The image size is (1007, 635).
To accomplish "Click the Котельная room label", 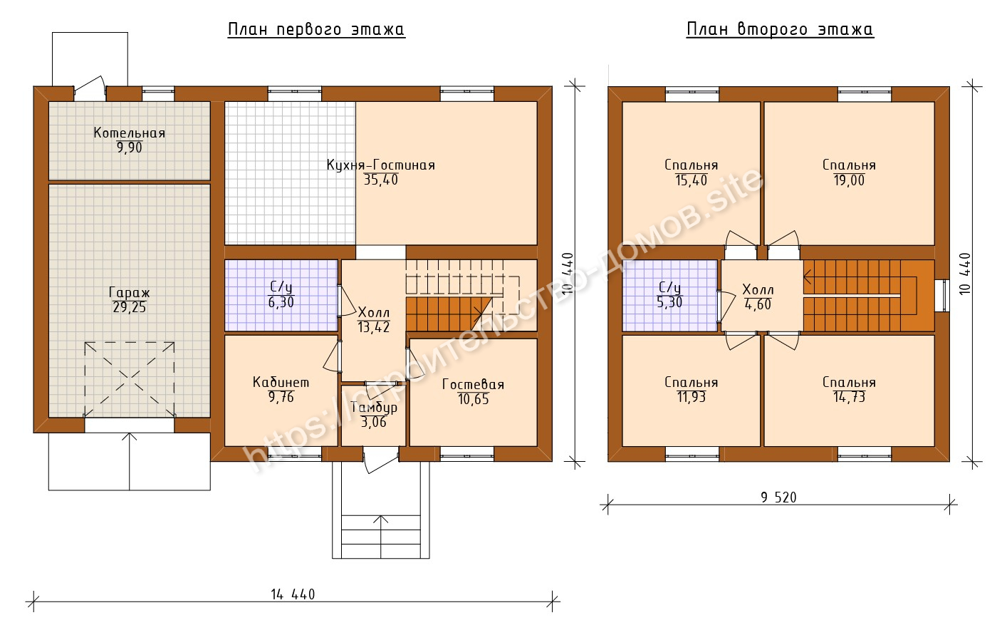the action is tap(130, 133).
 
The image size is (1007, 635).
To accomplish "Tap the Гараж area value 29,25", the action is tap(130, 307).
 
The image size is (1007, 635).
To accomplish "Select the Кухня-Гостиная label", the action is tap(381, 165).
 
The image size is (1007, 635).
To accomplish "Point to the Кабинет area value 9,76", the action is tap(281, 397).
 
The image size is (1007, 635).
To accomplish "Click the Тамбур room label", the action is tap(374, 408).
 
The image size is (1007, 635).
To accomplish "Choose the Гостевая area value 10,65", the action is tap(474, 399).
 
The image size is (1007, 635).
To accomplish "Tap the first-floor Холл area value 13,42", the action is tap(374, 327).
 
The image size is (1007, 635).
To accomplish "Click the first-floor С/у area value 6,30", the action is tap(281, 302).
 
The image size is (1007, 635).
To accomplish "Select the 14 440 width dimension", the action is tap(293, 594).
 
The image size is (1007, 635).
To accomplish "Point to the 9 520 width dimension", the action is tap(778, 497).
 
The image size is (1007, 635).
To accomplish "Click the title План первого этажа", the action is tap(316, 29).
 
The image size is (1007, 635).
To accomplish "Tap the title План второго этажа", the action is tap(780, 29).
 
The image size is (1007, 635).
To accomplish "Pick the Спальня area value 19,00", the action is tap(849, 180).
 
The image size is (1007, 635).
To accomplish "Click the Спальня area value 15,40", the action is tap(692, 180).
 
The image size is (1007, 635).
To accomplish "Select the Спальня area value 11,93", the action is tap(692, 397).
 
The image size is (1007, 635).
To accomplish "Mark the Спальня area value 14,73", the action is tap(849, 397).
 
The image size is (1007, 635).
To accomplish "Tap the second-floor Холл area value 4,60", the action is tap(758, 305).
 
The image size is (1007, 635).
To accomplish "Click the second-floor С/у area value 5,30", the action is tap(670, 302).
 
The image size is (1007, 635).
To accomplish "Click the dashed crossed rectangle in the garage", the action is tap(130, 379).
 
